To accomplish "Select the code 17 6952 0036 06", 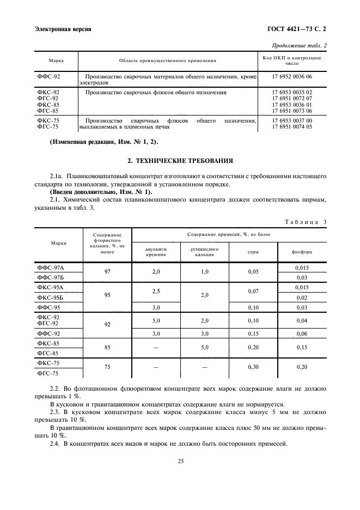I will click(x=292, y=77).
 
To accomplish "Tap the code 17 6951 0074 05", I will click(x=292, y=126).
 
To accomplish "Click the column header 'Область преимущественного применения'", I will click(x=168, y=60).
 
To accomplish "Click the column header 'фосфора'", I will click(x=301, y=251).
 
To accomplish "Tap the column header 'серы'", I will click(x=254, y=251).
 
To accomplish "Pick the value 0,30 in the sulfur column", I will click(x=253, y=367).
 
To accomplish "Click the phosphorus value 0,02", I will click(x=301, y=297).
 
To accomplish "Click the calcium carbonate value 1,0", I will click(x=205, y=271).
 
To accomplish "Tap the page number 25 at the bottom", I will click(x=180, y=461).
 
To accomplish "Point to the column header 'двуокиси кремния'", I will click(x=156, y=251).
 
